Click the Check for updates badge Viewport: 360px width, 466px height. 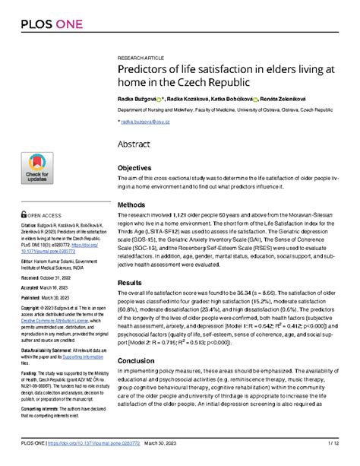point(36,169)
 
